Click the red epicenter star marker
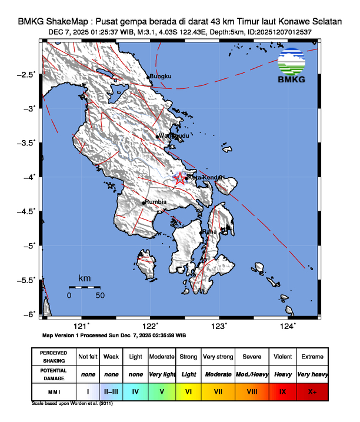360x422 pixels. click(x=180, y=178)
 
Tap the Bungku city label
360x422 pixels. click(x=160, y=77)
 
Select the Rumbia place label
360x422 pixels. click(x=156, y=202)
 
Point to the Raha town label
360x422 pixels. click(x=210, y=232)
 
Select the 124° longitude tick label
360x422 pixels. click(x=288, y=327)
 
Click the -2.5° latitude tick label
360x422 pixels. click(x=26, y=75)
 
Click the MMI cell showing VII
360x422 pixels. click(x=218, y=391)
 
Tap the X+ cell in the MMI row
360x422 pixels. click(x=311, y=391)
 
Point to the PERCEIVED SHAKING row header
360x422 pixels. click(x=53, y=357)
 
